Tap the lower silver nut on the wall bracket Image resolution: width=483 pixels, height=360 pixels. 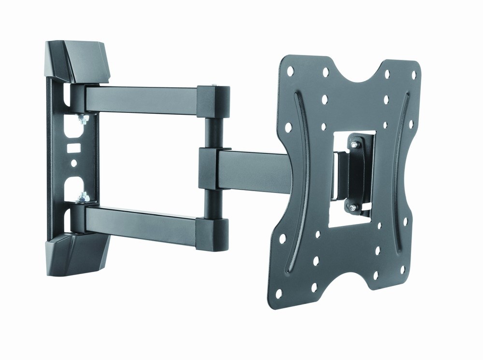click(83, 196)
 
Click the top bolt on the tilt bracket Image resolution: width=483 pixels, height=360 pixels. click(355, 143)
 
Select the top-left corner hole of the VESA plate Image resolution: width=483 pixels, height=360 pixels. click(291, 71)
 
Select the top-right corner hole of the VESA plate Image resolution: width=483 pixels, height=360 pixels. click(413, 75)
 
